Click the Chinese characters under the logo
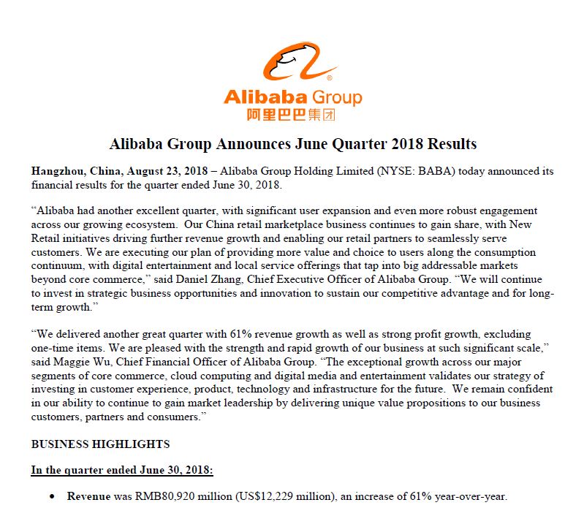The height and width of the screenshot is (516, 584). pyautogui.click(x=292, y=114)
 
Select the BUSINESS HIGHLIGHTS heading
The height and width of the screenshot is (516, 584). pyautogui.click(x=100, y=444)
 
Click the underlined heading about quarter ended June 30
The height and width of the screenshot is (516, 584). pyautogui.click(x=121, y=471)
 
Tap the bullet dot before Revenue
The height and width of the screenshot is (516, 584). pyautogui.click(x=52, y=497)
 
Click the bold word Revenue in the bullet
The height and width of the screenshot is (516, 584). pyautogui.click(x=88, y=497)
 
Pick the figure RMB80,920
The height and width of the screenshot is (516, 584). pyautogui.click(x=164, y=497)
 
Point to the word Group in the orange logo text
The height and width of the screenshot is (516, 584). pyautogui.click(x=337, y=97)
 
